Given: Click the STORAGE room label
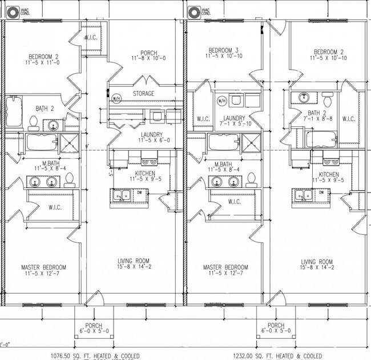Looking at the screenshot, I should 143,94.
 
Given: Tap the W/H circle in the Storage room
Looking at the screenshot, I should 116,98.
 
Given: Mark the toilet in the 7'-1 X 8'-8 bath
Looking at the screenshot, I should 327,97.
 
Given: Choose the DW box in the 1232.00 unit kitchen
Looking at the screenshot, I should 321,193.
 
